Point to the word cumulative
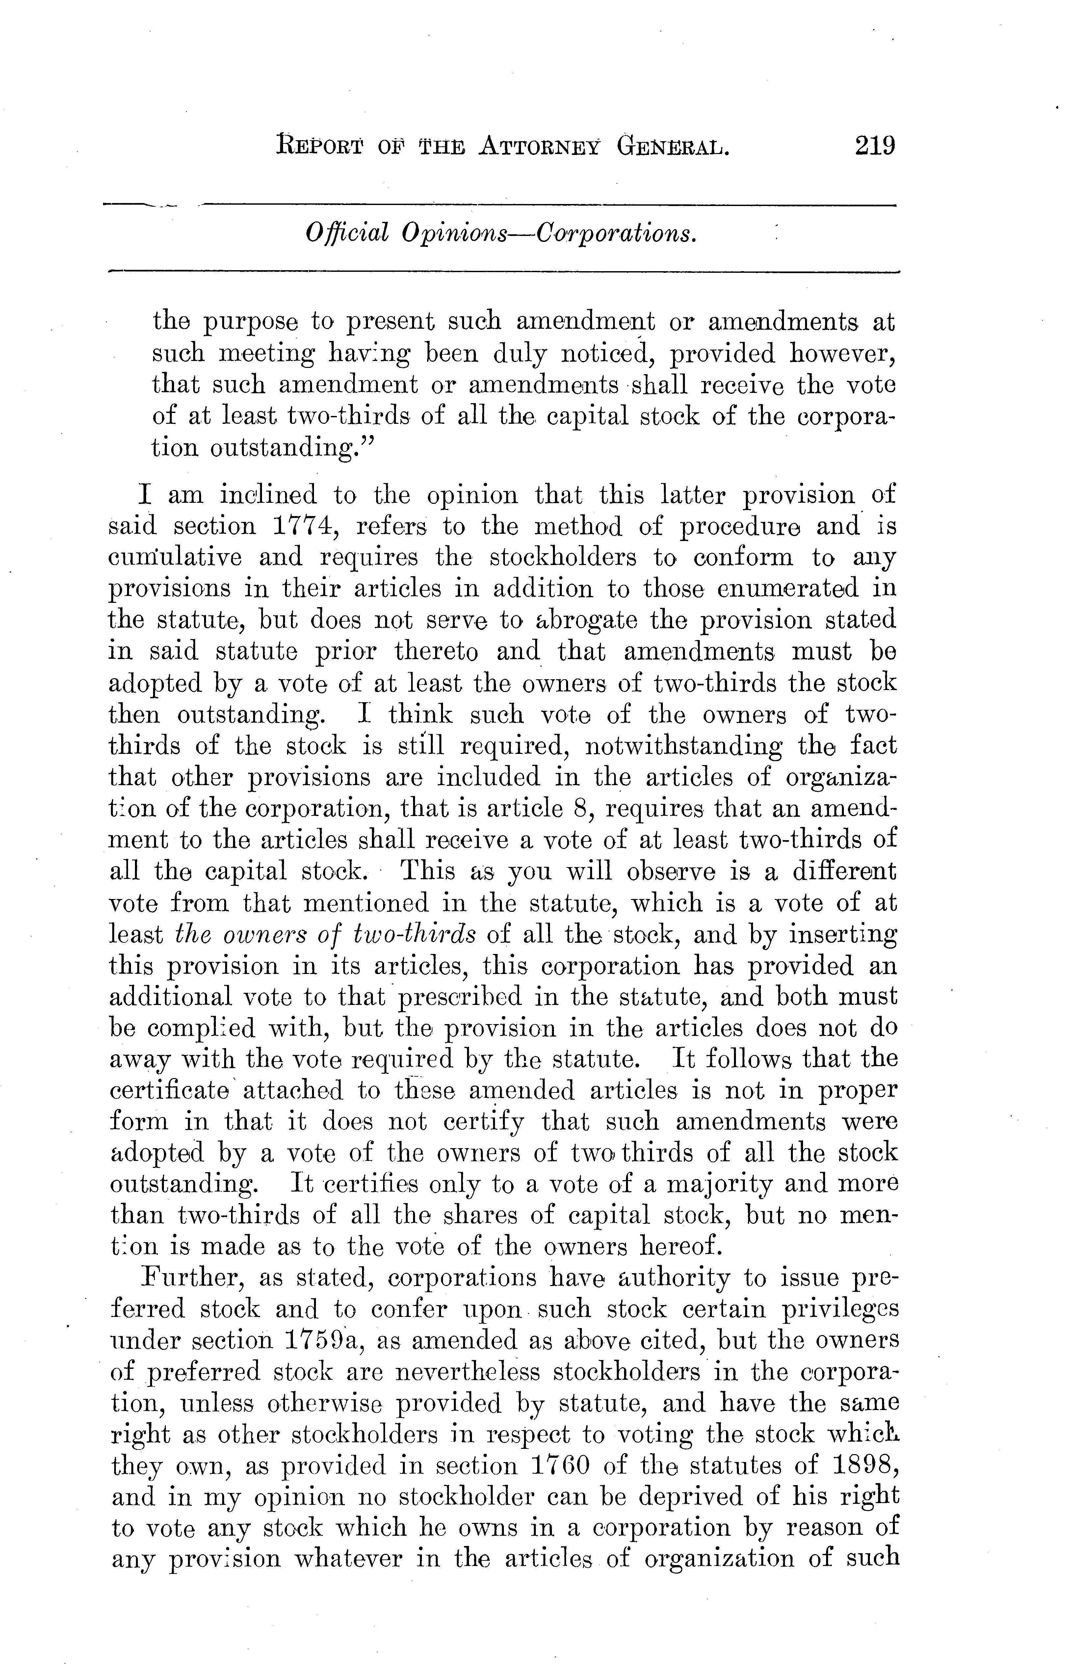click(176, 558)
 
